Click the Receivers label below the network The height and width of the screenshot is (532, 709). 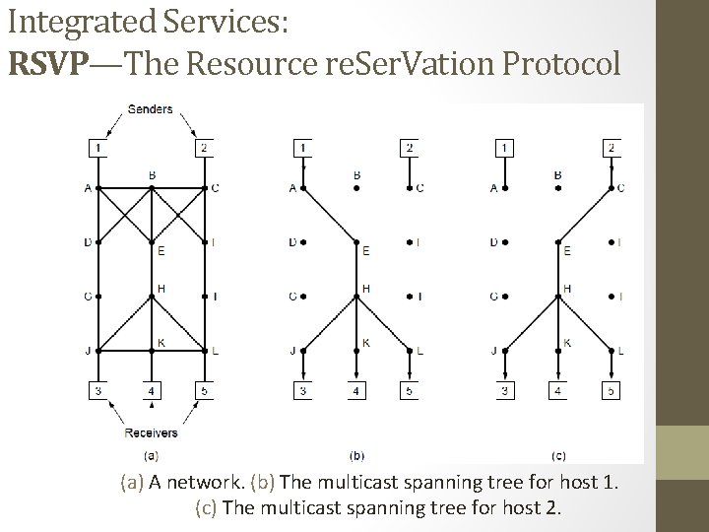151,432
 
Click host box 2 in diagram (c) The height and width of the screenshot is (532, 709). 612,148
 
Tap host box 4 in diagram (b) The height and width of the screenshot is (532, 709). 355,391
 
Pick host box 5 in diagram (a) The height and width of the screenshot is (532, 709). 204,391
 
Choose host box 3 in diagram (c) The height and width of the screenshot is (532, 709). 504,391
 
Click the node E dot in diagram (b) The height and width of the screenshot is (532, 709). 355,240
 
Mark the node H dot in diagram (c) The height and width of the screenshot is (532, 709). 558,296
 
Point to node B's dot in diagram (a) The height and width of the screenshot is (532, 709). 151,187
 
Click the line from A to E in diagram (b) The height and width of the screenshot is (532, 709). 328,214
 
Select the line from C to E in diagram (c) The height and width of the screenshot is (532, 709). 586,214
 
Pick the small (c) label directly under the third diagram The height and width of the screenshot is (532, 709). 558,456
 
